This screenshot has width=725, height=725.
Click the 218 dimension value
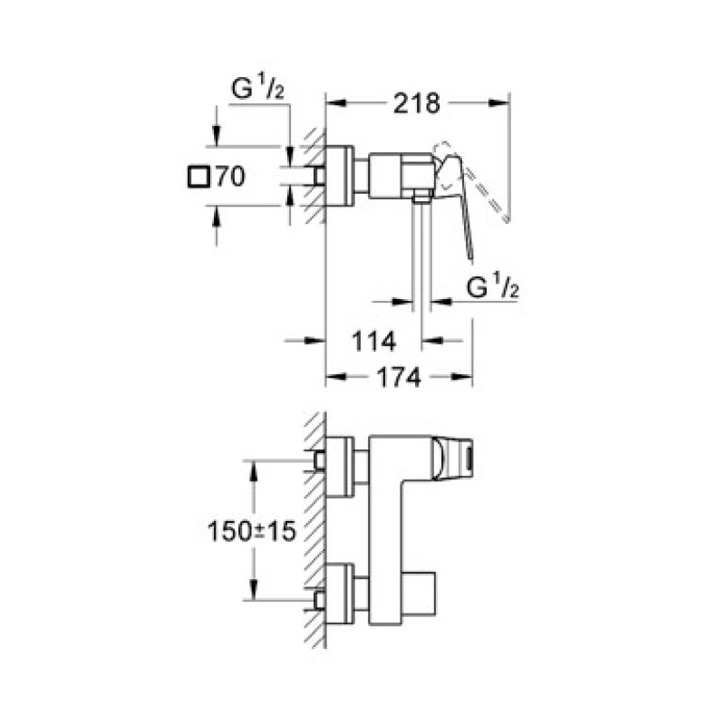[415, 104]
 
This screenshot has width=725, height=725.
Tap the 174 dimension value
[400, 379]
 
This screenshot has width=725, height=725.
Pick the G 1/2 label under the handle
[491, 287]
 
